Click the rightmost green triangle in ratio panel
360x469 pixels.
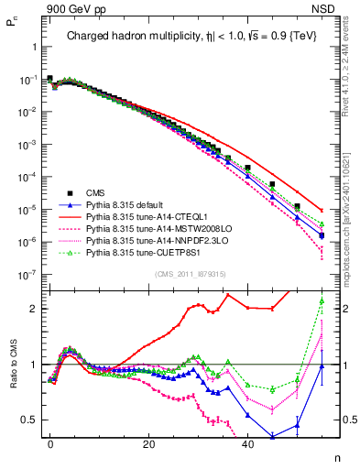322,301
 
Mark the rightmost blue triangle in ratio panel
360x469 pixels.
322,366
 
